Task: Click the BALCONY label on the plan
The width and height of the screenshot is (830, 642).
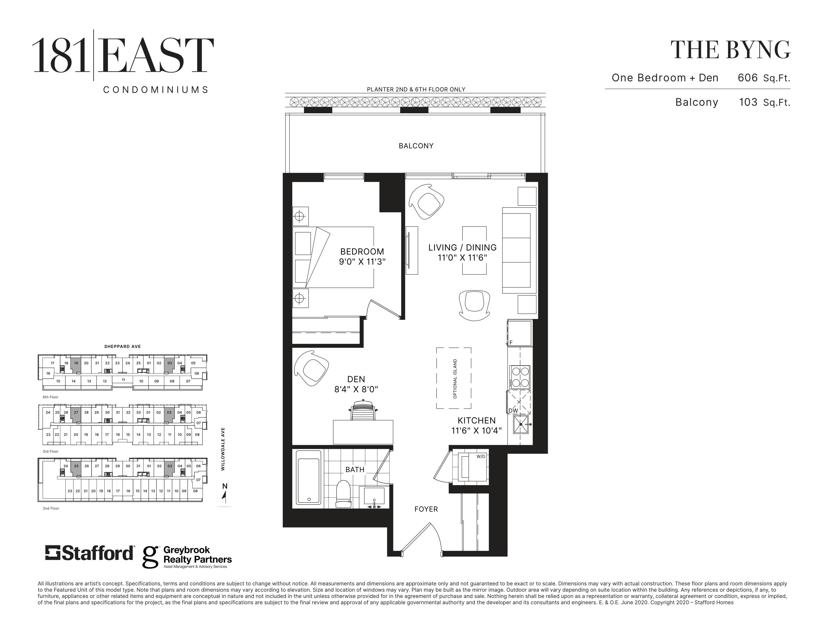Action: tap(416, 146)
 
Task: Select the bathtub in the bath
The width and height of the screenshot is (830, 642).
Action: tap(309, 477)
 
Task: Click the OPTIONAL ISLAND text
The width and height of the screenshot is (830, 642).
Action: tap(455, 378)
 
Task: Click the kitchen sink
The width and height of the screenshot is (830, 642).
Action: tap(521, 424)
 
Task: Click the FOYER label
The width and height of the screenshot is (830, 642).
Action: tap(426, 509)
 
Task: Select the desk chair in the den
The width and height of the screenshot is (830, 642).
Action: tap(363, 410)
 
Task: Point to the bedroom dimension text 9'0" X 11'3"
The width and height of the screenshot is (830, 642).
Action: tap(362, 262)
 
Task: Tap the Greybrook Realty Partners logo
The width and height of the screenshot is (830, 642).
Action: tap(187, 557)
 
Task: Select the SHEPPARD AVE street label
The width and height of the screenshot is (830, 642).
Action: tap(122, 346)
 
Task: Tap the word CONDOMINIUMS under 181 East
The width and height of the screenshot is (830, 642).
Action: tap(156, 90)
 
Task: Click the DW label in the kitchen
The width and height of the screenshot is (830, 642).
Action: tap(513, 411)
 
